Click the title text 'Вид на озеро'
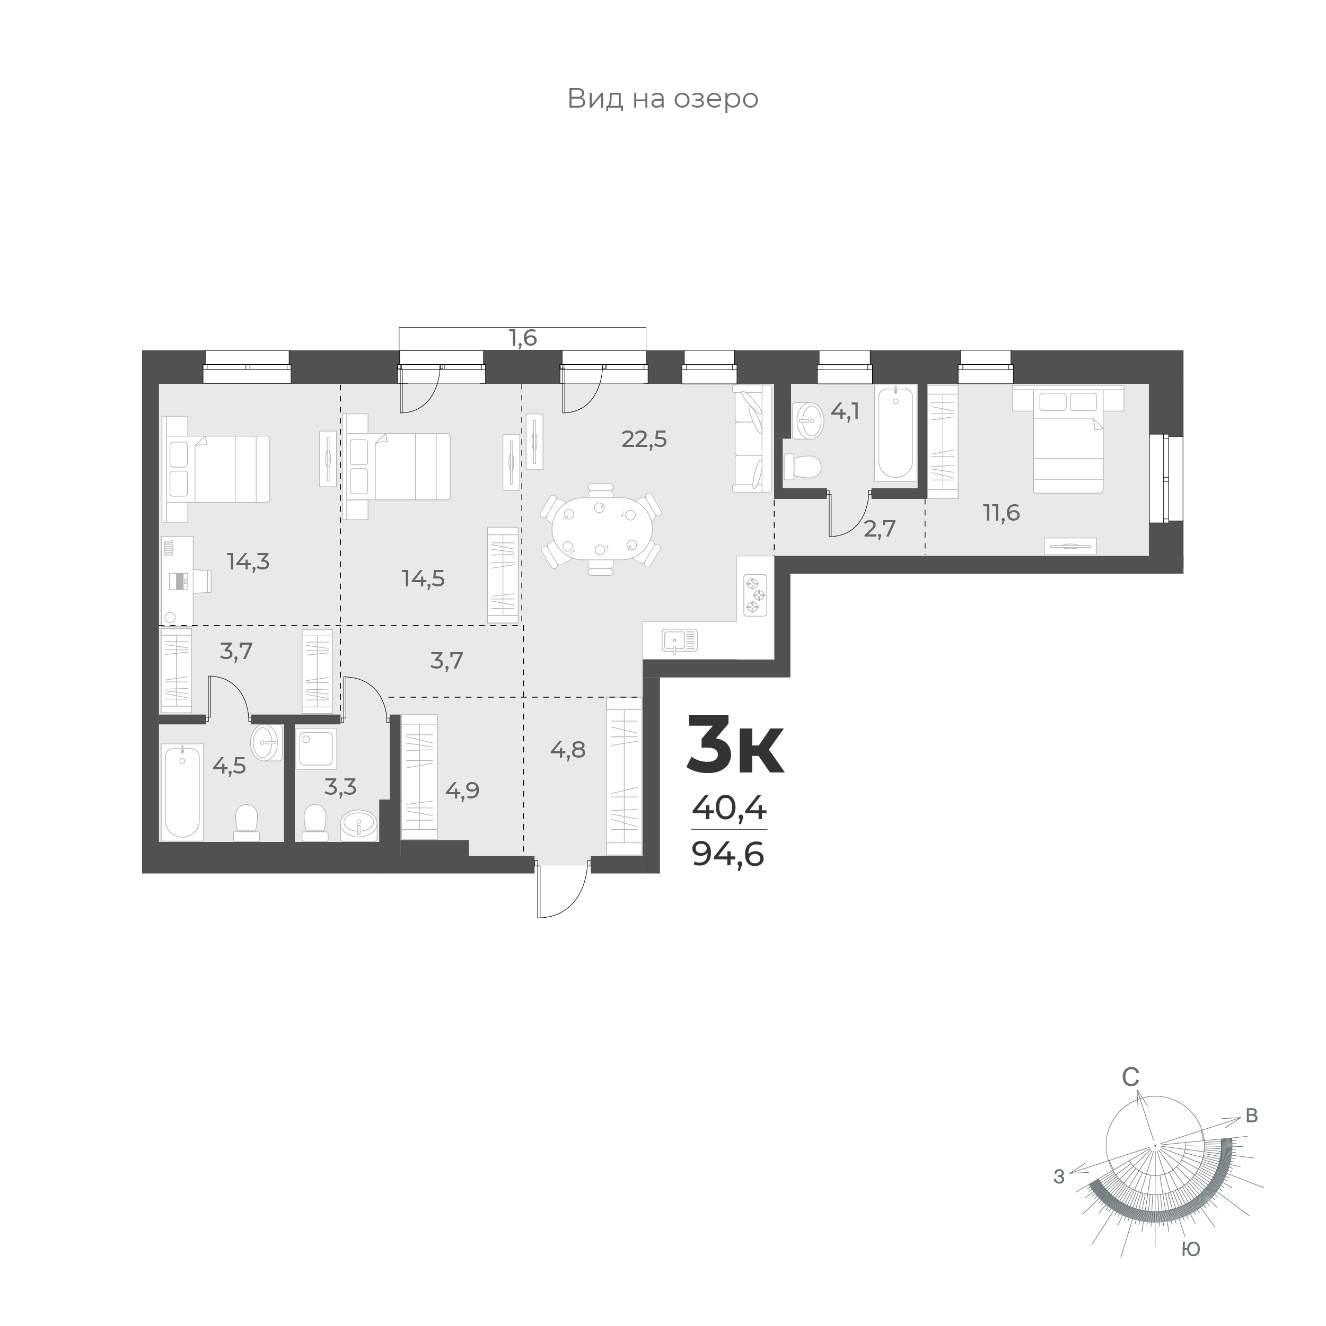pos(662,99)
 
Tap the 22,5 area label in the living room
pos(644,439)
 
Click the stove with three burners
pos(755,595)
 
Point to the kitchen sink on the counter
pos(680,640)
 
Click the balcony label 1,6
pos(522,338)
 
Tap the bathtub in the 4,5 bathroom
pos(182,792)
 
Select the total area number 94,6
pos(728,855)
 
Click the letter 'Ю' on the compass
pos(1191,1249)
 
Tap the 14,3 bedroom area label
pos(249,562)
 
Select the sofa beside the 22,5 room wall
pos(753,438)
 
